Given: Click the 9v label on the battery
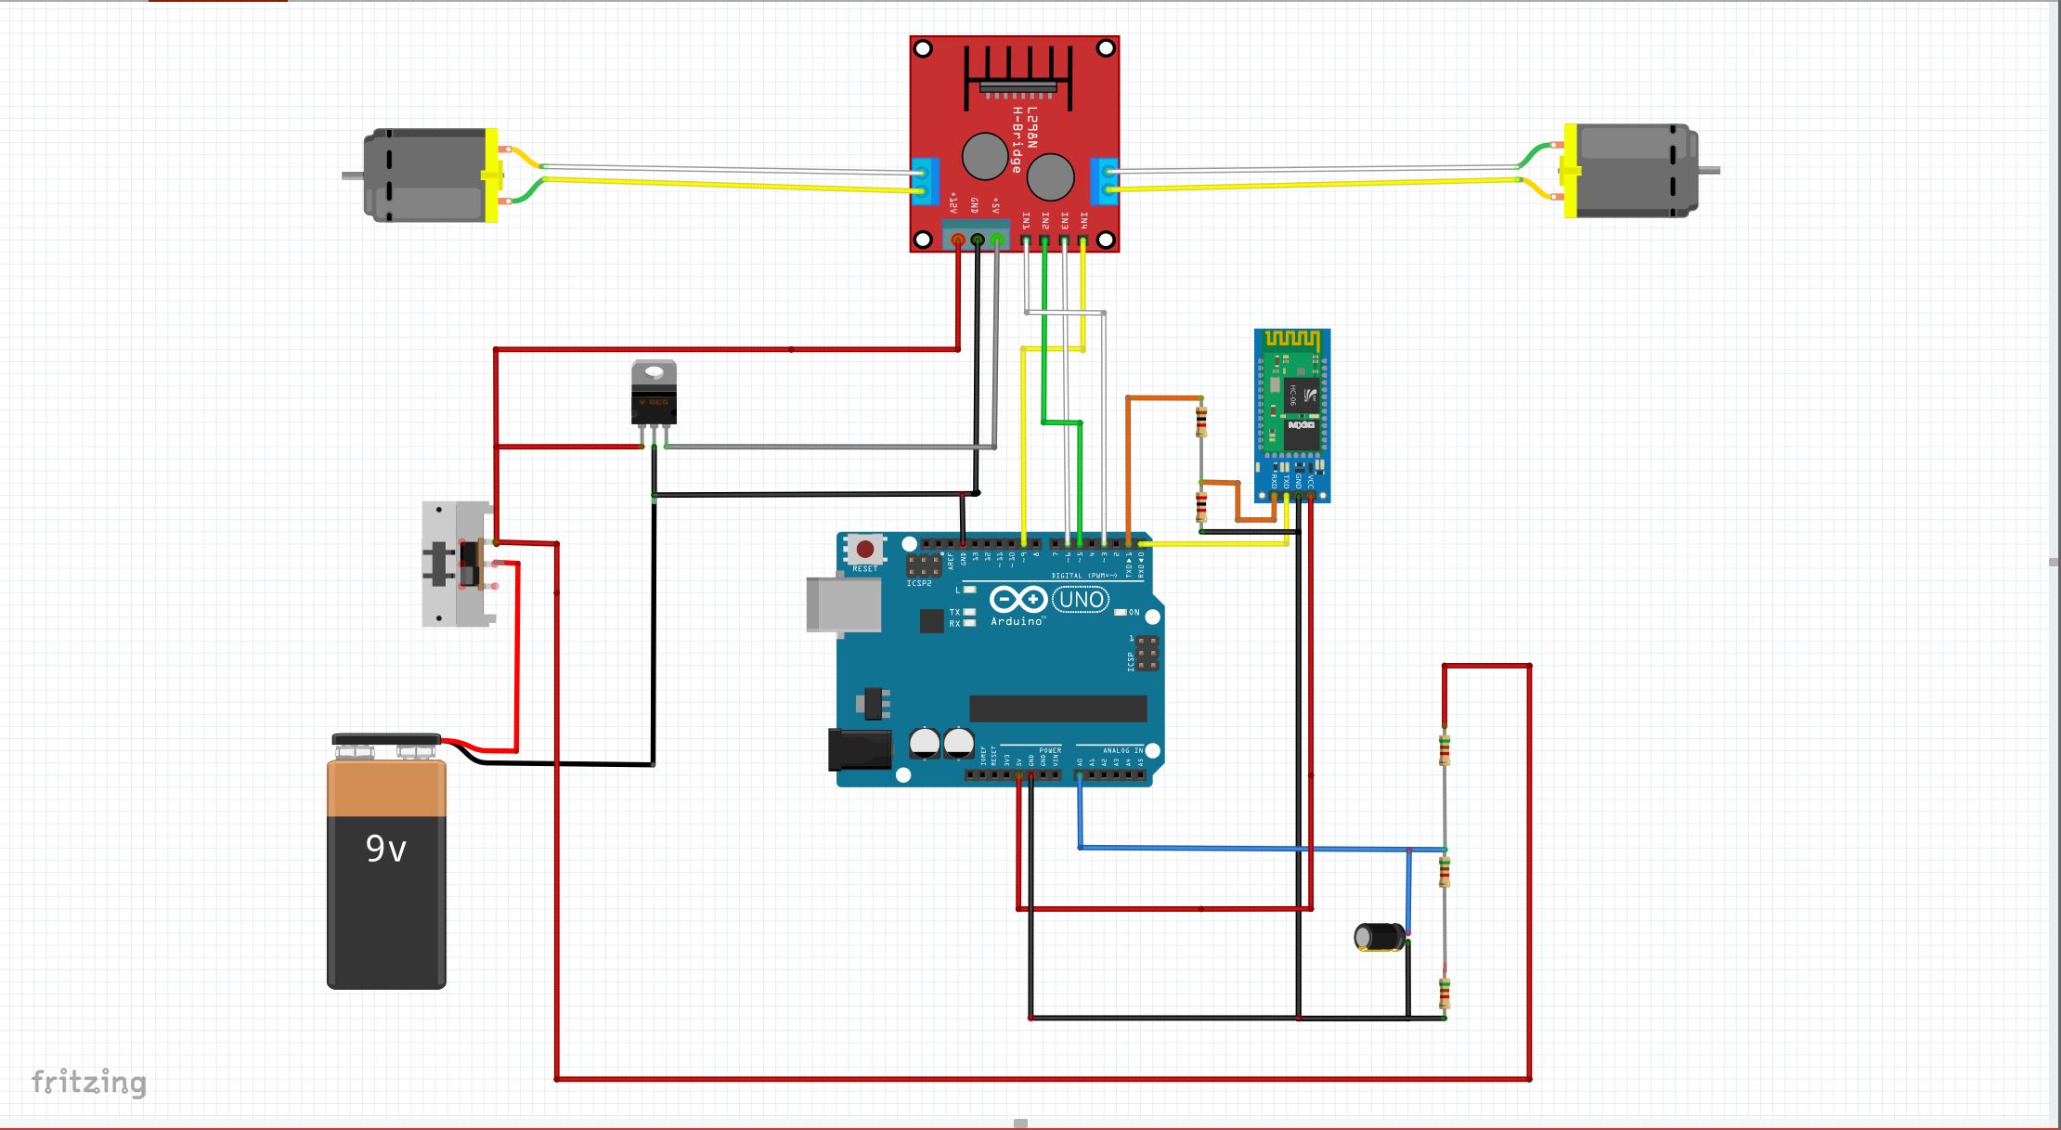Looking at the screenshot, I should click(x=385, y=848).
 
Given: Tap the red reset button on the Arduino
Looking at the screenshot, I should click(x=864, y=550).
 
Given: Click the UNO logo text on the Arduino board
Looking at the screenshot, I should click(x=1082, y=600).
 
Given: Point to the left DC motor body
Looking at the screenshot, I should click(x=427, y=175).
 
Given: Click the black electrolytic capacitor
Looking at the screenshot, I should click(x=1380, y=937).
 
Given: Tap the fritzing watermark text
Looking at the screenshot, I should click(x=89, y=1083).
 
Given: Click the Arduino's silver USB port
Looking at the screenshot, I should click(x=843, y=604).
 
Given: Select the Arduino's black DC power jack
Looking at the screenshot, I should click(x=858, y=749).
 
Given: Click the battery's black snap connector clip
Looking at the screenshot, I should click(x=386, y=745).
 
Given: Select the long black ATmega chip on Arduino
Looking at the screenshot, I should click(x=1057, y=708).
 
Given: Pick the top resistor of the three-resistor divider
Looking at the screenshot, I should click(x=1444, y=749).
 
